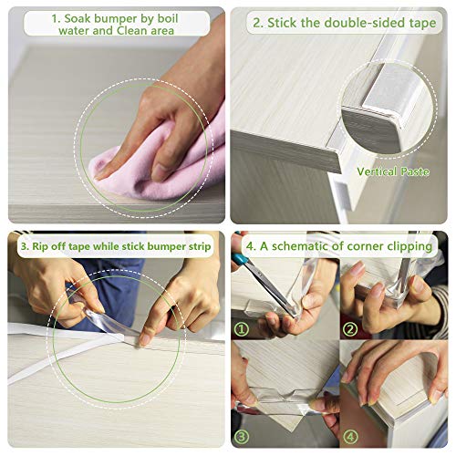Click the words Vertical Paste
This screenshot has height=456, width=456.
[393, 171]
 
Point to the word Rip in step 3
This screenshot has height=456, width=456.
[36, 245]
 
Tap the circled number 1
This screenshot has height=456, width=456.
[243, 327]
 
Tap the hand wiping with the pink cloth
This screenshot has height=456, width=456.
[137, 128]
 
